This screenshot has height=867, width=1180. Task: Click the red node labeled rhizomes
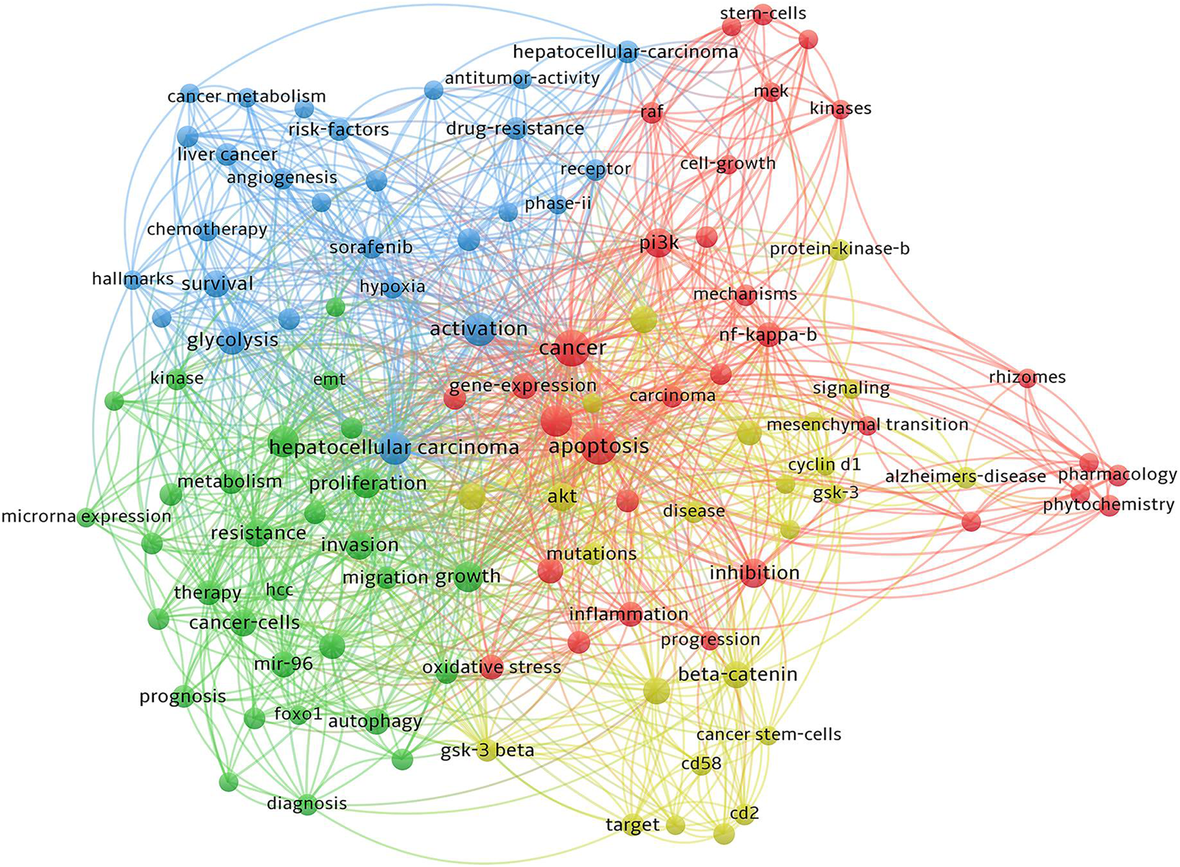coord(1027,379)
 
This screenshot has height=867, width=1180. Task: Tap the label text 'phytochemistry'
coord(1108,504)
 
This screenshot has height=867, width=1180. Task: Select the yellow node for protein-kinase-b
coord(839,250)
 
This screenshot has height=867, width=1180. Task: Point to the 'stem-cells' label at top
coord(763,13)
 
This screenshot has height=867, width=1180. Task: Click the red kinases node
coord(840,109)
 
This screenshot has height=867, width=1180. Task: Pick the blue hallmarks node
coord(133,280)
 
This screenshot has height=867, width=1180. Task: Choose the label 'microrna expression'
coord(86,517)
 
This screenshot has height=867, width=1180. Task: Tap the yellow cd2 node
coord(744,814)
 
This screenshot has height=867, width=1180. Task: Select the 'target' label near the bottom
coord(632,824)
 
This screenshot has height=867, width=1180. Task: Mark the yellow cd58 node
coord(701,763)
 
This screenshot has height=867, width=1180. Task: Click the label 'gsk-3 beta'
coord(487,751)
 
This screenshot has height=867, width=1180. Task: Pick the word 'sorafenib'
coord(371,248)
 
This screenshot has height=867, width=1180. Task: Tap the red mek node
coord(771,92)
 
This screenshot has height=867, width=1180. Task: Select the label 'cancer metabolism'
coord(246,97)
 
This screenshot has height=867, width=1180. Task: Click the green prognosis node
coord(183,696)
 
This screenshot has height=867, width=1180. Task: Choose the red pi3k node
coord(658,245)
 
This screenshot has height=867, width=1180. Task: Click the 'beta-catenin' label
coord(737,674)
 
